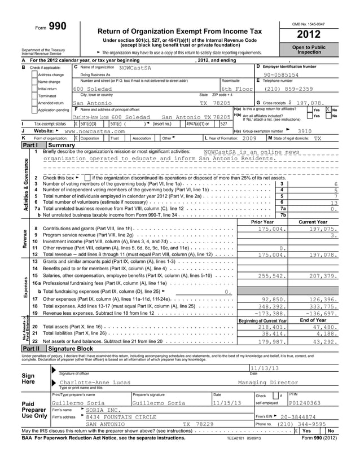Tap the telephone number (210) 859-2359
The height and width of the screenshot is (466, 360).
coord(289,89)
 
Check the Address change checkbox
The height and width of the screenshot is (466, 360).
coord(34,74)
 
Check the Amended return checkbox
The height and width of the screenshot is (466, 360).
coord(34,104)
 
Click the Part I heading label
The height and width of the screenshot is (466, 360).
coord(13,145)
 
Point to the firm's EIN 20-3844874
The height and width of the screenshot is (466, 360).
coord(305,416)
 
